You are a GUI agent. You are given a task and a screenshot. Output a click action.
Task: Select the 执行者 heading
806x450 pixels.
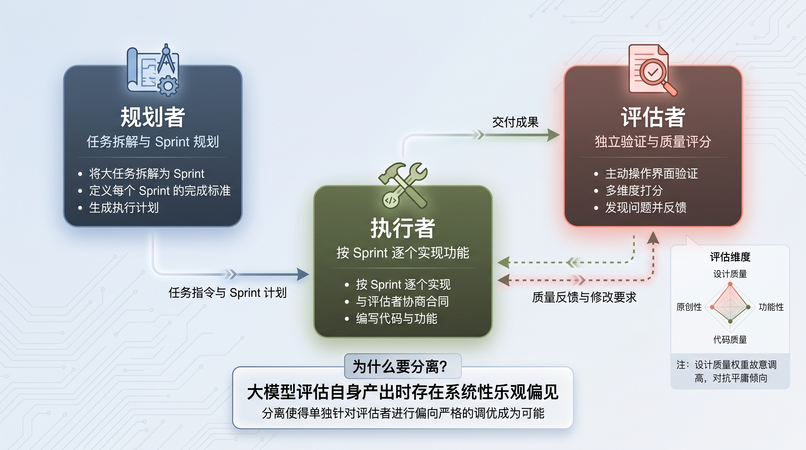point(403,228)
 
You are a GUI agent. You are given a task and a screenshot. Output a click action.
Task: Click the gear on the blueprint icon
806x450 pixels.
point(168,86)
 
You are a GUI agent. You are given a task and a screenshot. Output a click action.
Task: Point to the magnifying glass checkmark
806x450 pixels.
point(653,73)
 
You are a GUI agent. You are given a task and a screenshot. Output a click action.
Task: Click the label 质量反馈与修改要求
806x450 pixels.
point(584,297)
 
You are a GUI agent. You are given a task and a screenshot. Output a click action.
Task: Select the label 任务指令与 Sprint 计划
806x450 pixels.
point(228,293)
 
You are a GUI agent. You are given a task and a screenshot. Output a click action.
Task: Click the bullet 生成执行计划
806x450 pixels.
point(124,207)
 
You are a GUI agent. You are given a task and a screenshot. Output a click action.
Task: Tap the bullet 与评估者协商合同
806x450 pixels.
point(402,301)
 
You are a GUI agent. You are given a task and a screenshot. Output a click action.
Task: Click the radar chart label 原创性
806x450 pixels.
point(689,307)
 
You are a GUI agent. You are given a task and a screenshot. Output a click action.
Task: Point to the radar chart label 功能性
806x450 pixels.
point(771,307)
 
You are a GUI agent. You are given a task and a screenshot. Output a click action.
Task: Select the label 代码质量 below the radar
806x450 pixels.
point(730,340)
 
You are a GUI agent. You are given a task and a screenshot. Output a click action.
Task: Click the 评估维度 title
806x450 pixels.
point(730,257)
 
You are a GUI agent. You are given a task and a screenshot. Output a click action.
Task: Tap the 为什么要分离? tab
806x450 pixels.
point(403,366)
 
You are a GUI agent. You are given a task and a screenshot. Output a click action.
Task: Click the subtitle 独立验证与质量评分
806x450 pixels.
point(653,142)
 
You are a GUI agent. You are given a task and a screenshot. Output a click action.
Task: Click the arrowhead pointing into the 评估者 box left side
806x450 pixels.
point(554,135)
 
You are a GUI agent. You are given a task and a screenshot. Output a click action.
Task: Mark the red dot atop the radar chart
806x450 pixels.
point(730,284)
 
